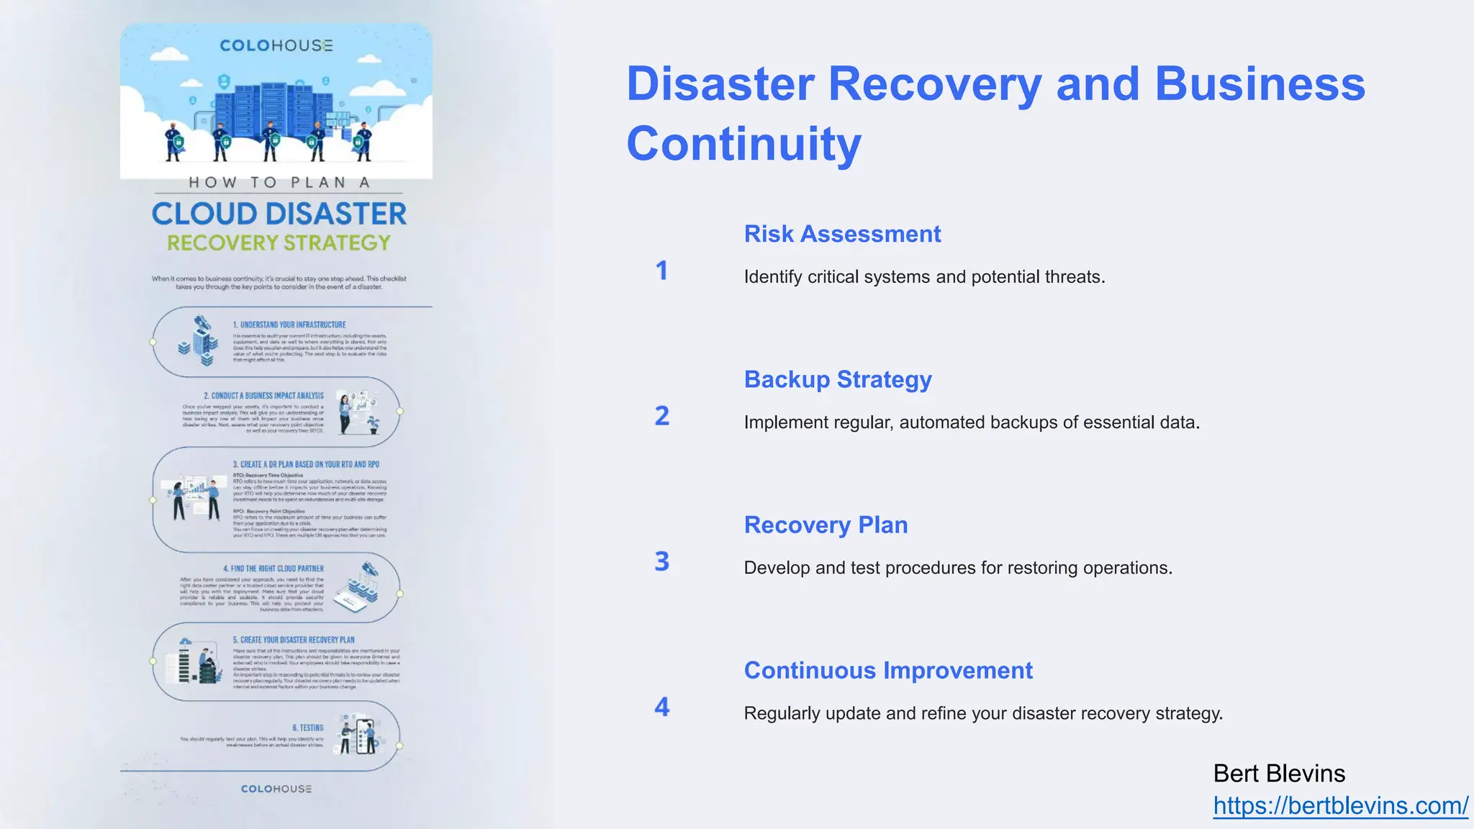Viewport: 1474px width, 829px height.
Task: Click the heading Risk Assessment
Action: click(842, 234)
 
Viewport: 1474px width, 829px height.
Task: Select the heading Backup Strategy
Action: click(838, 379)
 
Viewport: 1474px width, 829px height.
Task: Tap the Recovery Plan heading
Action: click(826, 525)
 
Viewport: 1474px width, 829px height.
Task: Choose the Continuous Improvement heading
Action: click(888, 670)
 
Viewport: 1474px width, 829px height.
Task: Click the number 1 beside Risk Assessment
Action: click(661, 271)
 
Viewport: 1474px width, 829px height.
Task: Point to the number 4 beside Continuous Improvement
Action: click(661, 707)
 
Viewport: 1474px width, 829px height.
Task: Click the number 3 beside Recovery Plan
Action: click(661, 561)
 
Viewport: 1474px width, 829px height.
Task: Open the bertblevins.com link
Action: click(1340, 805)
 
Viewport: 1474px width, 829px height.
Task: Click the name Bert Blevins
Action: click(1279, 774)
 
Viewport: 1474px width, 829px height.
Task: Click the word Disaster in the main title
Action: click(720, 84)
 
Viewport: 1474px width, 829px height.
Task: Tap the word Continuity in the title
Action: click(743, 143)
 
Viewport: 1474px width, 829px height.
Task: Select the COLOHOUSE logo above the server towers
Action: click(276, 45)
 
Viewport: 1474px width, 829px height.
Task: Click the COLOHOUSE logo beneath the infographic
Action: click(276, 789)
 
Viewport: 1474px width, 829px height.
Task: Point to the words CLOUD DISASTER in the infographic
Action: click(279, 214)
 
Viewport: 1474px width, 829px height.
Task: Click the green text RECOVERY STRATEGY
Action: click(279, 243)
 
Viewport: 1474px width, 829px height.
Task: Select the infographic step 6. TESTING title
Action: click(308, 728)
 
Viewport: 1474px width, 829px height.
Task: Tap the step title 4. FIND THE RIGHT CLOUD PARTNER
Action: click(273, 568)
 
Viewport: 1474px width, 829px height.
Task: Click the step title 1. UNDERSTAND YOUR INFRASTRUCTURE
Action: click(289, 325)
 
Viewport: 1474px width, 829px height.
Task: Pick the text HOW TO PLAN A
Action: click(279, 183)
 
